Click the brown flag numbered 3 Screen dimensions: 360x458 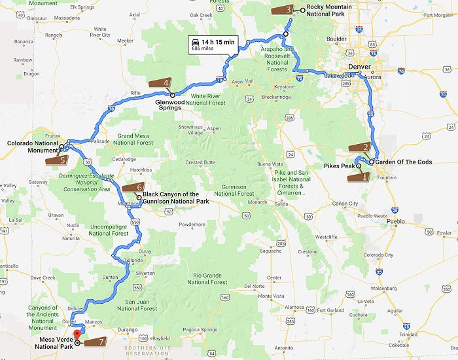coord(280,9)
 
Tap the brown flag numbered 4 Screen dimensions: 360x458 coord(160,83)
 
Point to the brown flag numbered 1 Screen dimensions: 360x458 coord(358,176)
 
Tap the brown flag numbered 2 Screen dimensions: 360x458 coord(359,147)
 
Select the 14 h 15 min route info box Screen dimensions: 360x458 coord(211,45)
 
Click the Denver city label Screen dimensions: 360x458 coord(360,67)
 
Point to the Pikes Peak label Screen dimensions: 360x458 coord(339,166)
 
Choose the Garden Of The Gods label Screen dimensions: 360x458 coord(404,162)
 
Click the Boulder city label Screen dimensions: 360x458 coord(336,39)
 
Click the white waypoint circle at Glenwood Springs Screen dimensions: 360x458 coord(173,95)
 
